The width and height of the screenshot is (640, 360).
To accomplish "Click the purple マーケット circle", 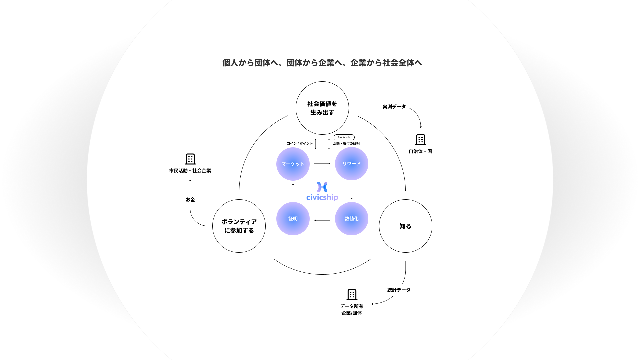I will [x=293, y=164].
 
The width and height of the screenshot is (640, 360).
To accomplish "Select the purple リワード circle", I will [x=351, y=164].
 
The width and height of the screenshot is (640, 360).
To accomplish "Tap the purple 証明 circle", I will [x=293, y=219].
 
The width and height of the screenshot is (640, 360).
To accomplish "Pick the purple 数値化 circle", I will [x=351, y=219].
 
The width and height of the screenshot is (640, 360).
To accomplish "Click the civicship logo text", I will [x=322, y=197].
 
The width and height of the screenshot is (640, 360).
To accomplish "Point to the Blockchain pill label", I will [x=344, y=137].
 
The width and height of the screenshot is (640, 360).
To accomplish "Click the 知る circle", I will [x=405, y=226].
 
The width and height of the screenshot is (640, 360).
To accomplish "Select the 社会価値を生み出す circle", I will [x=322, y=108].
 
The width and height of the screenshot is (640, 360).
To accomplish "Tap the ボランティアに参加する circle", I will [x=239, y=226].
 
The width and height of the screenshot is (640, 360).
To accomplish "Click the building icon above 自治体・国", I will [x=421, y=140].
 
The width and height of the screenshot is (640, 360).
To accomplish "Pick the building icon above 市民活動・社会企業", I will [x=190, y=159].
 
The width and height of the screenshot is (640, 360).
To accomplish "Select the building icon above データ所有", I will [x=352, y=295].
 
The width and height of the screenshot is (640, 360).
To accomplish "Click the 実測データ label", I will [x=394, y=107].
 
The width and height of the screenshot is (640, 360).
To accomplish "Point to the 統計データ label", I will [x=399, y=290].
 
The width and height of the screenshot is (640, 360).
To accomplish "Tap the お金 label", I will [x=190, y=200].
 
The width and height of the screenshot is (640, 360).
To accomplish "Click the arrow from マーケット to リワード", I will [x=322, y=164].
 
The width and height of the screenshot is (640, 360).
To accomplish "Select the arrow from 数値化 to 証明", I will [x=322, y=220].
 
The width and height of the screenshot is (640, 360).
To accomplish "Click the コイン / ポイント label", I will [x=300, y=144].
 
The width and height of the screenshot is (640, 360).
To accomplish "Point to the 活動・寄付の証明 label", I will [x=346, y=144].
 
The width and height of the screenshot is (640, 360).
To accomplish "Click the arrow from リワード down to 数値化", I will [x=352, y=191].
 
